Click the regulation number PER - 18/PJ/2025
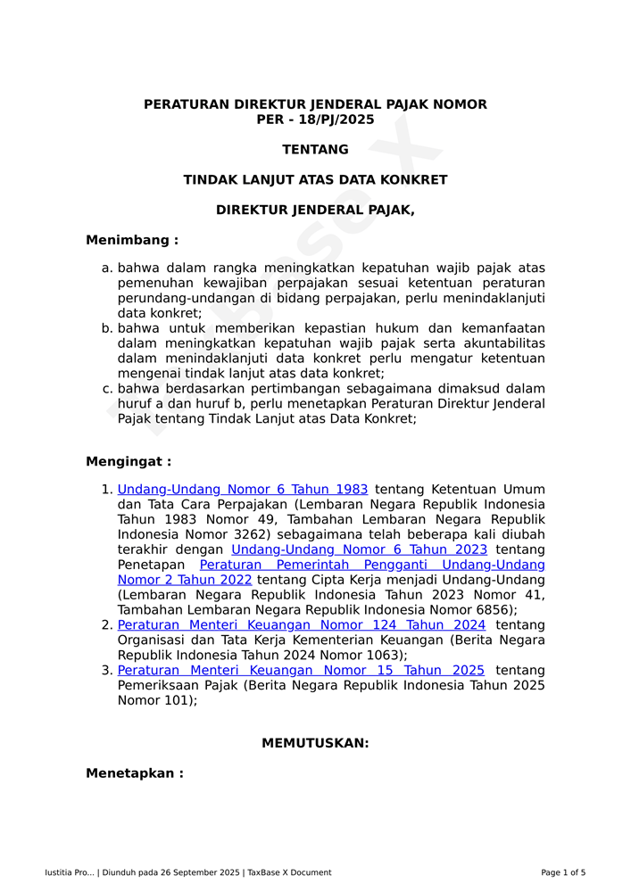[x=315, y=120]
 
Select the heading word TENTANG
[x=315, y=150]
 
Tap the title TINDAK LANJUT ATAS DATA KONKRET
[x=315, y=180]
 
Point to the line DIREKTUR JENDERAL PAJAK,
[x=315, y=211]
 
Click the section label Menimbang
[x=131, y=240]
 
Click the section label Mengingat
[x=128, y=462]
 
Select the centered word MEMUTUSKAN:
[x=315, y=743]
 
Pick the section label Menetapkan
[x=134, y=773]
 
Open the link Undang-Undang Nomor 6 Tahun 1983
[x=243, y=490]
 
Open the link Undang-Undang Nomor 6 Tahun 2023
[x=359, y=549]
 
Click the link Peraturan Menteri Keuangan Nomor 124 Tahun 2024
[x=302, y=625]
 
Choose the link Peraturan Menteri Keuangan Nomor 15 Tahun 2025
[x=301, y=671]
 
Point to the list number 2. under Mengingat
[x=107, y=625]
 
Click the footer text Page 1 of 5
[x=563, y=872]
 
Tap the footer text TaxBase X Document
[x=289, y=872]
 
